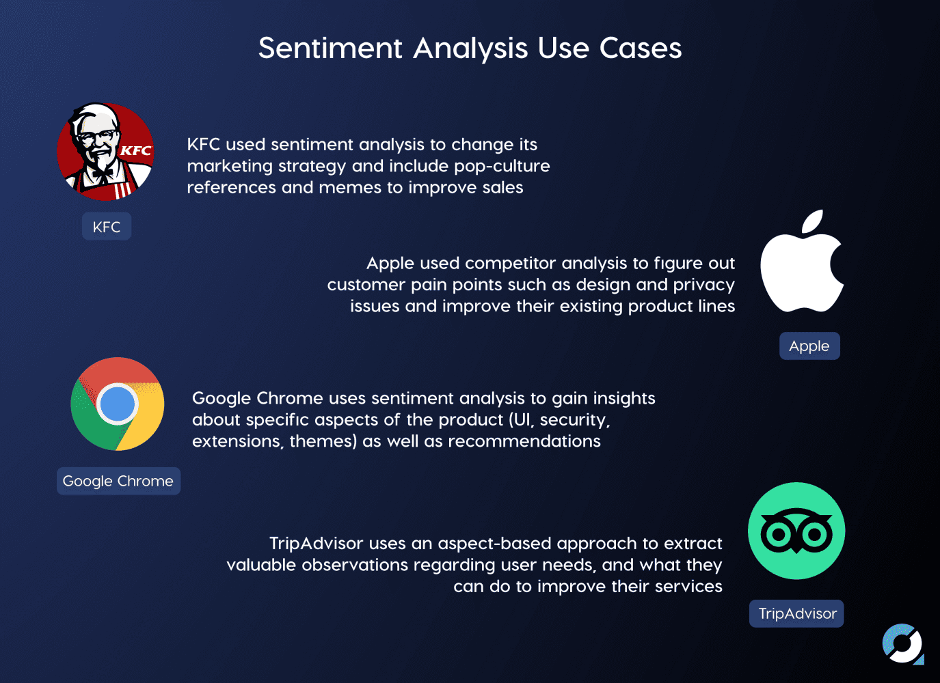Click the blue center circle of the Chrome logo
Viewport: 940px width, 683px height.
pyautogui.click(x=118, y=404)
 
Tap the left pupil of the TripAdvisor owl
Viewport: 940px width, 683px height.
pyautogui.click(x=779, y=535)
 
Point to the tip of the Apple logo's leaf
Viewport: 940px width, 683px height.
pyautogui.click(x=822, y=210)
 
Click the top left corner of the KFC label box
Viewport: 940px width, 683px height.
pyautogui.click(x=82, y=212)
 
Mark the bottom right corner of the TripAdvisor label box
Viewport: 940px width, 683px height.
pyautogui.click(x=844, y=627)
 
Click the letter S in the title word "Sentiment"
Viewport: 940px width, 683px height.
pyautogui.click(x=267, y=48)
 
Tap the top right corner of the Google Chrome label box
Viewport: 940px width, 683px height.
pyautogui.click(x=180, y=467)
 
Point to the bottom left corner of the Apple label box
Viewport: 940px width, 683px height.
pyautogui.click(x=780, y=359)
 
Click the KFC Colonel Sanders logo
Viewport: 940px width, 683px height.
pyautogui.click(x=105, y=152)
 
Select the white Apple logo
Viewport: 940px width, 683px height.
pyautogui.click(x=802, y=261)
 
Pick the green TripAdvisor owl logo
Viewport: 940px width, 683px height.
pyautogui.click(x=796, y=531)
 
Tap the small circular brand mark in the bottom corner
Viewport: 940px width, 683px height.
pyautogui.click(x=902, y=643)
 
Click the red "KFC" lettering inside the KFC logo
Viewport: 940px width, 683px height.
pyautogui.click(x=136, y=150)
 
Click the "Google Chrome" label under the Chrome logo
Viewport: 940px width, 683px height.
pyautogui.click(x=118, y=481)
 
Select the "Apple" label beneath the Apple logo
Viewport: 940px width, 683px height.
pyautogui.click(x=809, y=346)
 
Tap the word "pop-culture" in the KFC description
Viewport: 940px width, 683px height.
pyautogui.click(x=502, y=167)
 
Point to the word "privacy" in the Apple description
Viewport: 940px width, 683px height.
pyautogui.click(x=704, y=285)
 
